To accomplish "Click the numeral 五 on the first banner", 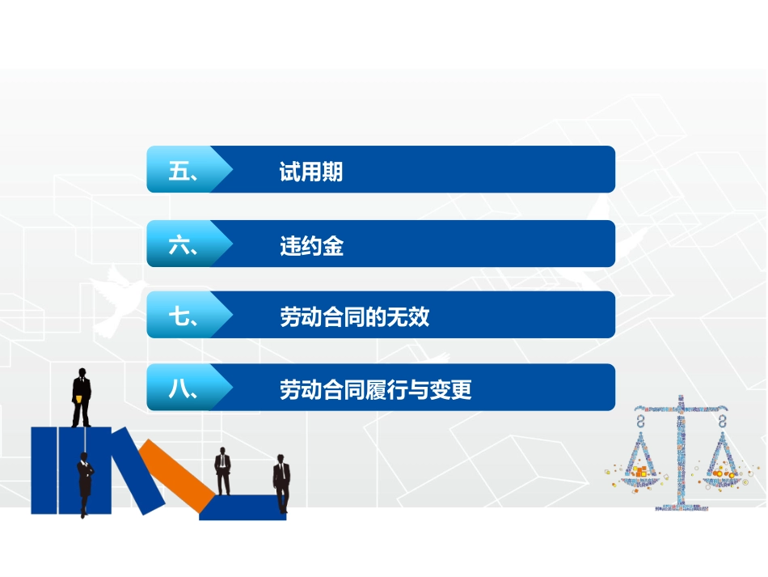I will [178, 171].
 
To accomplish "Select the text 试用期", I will [311, 172].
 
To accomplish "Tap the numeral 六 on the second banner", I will [178, 245].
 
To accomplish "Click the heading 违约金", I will [311, 246].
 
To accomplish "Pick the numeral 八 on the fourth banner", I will [178, 390].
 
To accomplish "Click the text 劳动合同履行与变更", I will [375, 390].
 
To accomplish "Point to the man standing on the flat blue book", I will [281, 483].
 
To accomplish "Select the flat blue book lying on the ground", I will [243, 507].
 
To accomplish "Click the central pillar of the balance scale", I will [681, 453].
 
